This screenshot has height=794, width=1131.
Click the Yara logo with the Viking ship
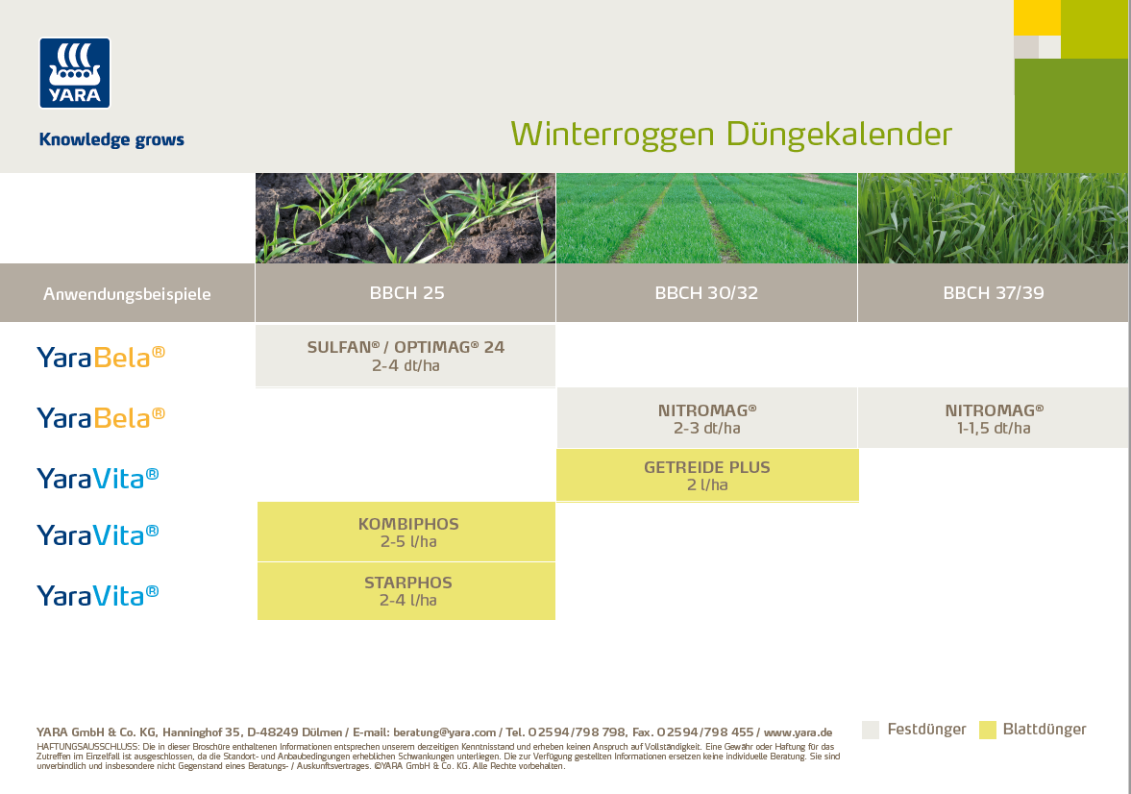pyautogui.click(x=75, y=73)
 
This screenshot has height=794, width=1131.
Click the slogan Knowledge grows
pyautogui.click(x=111, y=140)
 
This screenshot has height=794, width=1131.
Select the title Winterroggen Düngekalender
pyautogui.click(x=731, y=133)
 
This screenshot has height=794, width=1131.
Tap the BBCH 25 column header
pyautogui.click(x=406, y=293)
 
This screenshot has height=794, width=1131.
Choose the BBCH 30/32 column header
pyautogui.click(x=706, y=293)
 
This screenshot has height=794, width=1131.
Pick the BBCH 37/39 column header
pyautogui.click(x=993, y=293)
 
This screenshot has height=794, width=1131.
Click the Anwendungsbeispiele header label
pyautogui.click(x=127, y=294)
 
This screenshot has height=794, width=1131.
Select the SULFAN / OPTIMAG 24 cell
pyautogui.click(x=406, y=356)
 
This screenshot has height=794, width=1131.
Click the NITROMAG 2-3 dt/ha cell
pyautogui.click(x=706, y=418)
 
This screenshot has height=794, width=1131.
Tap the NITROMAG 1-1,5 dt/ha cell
pyautogui.click(x=993, y=418)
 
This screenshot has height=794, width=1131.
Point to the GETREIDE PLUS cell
pyautogui.click(x=706, y=476)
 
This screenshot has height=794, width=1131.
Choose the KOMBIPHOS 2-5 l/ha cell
pyautogui.click(x=407, y=533)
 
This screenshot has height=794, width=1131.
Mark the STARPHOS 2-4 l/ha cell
pyautogui.click(x=407, y=591)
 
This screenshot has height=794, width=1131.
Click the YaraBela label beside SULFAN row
pyautogui.click(x=101, y=357)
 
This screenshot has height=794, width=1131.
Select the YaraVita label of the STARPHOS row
pyautogui.click(x=98, y=595)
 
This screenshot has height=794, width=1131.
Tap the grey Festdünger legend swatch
pyautogui.click(x=871, y=730)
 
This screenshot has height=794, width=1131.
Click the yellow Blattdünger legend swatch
pyautogui.click(x=988, y=730)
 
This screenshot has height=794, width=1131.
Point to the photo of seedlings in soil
pyautogui.click(x=406, y=218)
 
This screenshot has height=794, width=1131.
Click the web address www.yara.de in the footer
pyautogui.click(x=798, y=732)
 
